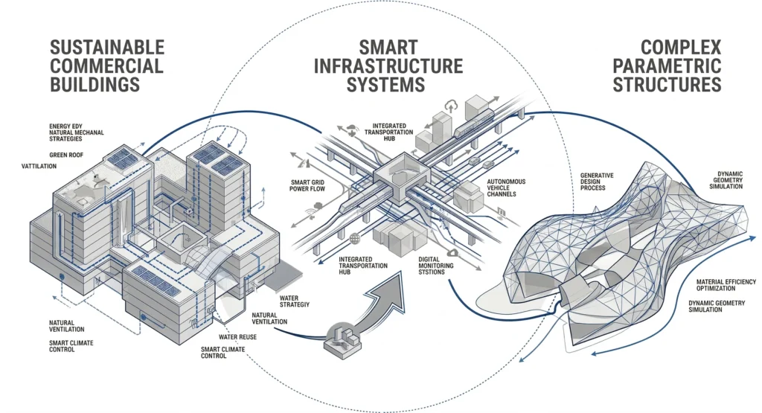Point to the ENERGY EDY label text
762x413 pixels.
pyautogui.click(x=71, y=127)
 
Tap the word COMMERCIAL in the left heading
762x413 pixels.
pyautogui.click(x=106, y=65)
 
